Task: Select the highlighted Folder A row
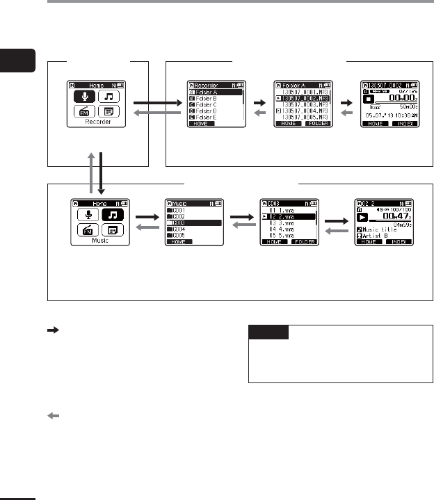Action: pyautogui.click(x=215, y=91)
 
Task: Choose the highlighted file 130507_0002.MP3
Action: pyautogui.click(x=303, y=97)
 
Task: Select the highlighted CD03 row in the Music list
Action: pyautogui.click(x=195, y=223)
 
